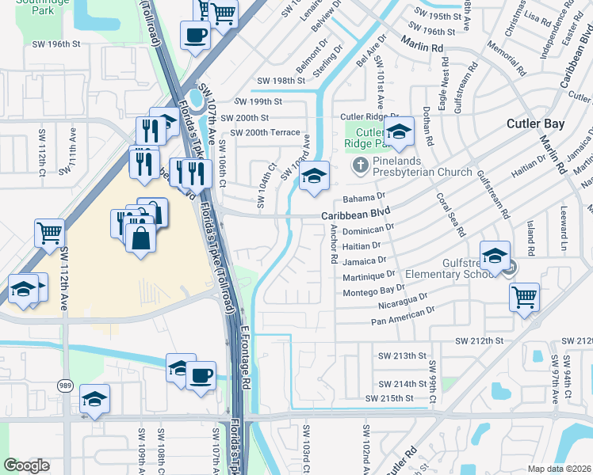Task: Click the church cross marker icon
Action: [359, 166]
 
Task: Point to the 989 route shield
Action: [65, 386]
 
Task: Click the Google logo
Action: [26, 465]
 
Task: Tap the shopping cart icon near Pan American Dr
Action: [524, 298]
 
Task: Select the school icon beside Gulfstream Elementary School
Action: [495, 256]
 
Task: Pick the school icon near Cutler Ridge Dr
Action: [400, 132]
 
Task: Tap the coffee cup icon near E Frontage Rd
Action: [201, 374]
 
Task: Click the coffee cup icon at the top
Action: [196, 34]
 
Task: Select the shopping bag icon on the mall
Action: [140, 238]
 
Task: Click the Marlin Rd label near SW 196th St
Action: [421, 44]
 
